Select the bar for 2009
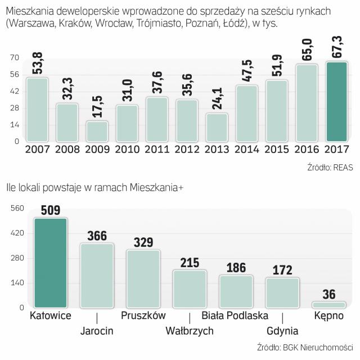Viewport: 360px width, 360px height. pos(97,130)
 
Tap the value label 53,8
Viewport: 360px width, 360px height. pos(37,65)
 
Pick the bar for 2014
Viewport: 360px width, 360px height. pos(246,113)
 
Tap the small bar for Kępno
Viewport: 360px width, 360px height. pos(328,305)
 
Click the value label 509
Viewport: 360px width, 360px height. pos(51,210)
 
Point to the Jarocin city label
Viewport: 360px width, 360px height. pos(97,331)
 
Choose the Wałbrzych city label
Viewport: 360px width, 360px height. pos(190,331)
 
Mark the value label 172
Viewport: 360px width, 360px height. pos(282,270)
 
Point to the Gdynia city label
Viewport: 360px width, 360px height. pos(282,331)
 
